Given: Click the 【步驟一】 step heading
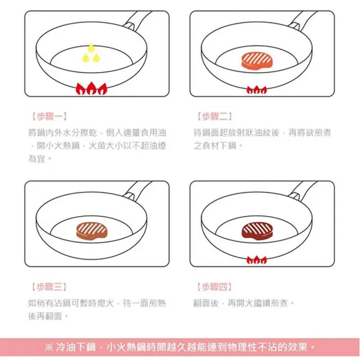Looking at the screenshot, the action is (x=49, y=116).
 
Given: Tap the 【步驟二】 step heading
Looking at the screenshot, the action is (x=214, y=116).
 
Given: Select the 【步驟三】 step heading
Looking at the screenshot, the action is (x=49, y=287).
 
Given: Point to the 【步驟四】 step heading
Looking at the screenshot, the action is (x=214, y=287).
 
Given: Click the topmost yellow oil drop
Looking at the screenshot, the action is (x=91, y=47).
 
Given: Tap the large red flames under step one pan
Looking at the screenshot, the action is (x=91, y=88).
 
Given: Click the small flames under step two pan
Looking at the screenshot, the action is (x=256, y=90).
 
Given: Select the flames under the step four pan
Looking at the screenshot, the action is (x=256, y=260).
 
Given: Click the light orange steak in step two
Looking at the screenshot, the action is (x=257, y=61).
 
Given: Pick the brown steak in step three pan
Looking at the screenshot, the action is (x=92, y=231).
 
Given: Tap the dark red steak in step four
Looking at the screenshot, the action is (x=257, y=231).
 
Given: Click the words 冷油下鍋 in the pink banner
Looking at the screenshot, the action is (x=75, y=347).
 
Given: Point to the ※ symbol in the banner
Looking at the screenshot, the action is (x=49, y=347).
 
